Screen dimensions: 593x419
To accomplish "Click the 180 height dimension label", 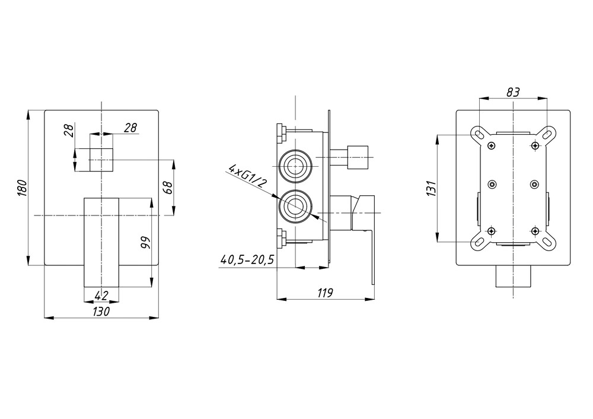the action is (x=23, y=188).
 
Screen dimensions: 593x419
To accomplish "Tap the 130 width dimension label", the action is (x=101, y=312).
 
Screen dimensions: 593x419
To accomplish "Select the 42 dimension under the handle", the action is (x=101, y=295).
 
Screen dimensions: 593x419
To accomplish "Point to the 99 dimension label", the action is (x=145, y=242).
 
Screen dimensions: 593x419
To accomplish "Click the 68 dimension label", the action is (x=168, y=188).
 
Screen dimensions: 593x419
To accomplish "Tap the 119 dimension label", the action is (x=325, y=293).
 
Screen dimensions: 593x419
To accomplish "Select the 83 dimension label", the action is (x=513, y=92).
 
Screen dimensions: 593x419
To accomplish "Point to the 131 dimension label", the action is (x=432, y=188).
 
